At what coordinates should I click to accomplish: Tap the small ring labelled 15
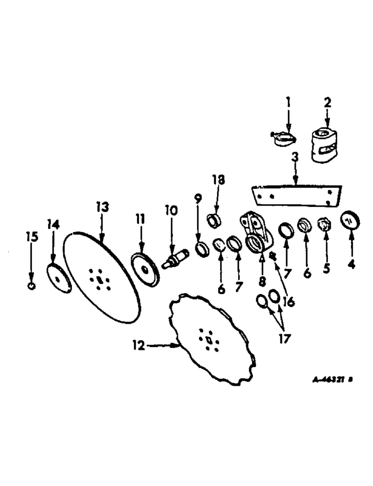tap(31, 286)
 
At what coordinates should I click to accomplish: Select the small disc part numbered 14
tap(59, 279)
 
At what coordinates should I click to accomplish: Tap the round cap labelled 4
tap(350, 221)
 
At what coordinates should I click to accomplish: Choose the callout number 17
tap(283, 337)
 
